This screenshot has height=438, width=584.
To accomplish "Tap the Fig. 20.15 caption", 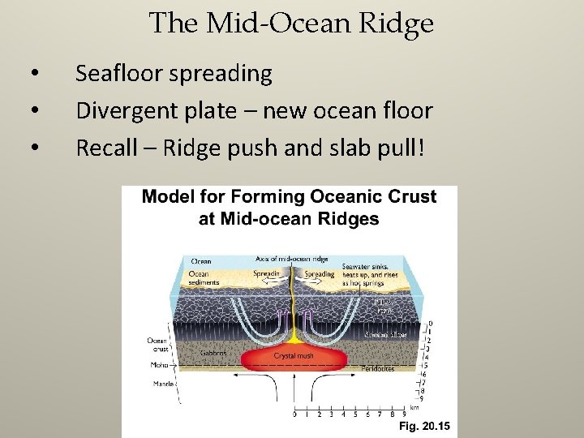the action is [x=423, y=427].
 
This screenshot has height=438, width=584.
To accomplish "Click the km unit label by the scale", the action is [x=414, y=407].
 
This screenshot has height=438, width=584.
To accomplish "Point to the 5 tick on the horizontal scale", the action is [x=356, y=414].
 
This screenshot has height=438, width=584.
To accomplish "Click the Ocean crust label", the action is [x=157, y=344].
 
